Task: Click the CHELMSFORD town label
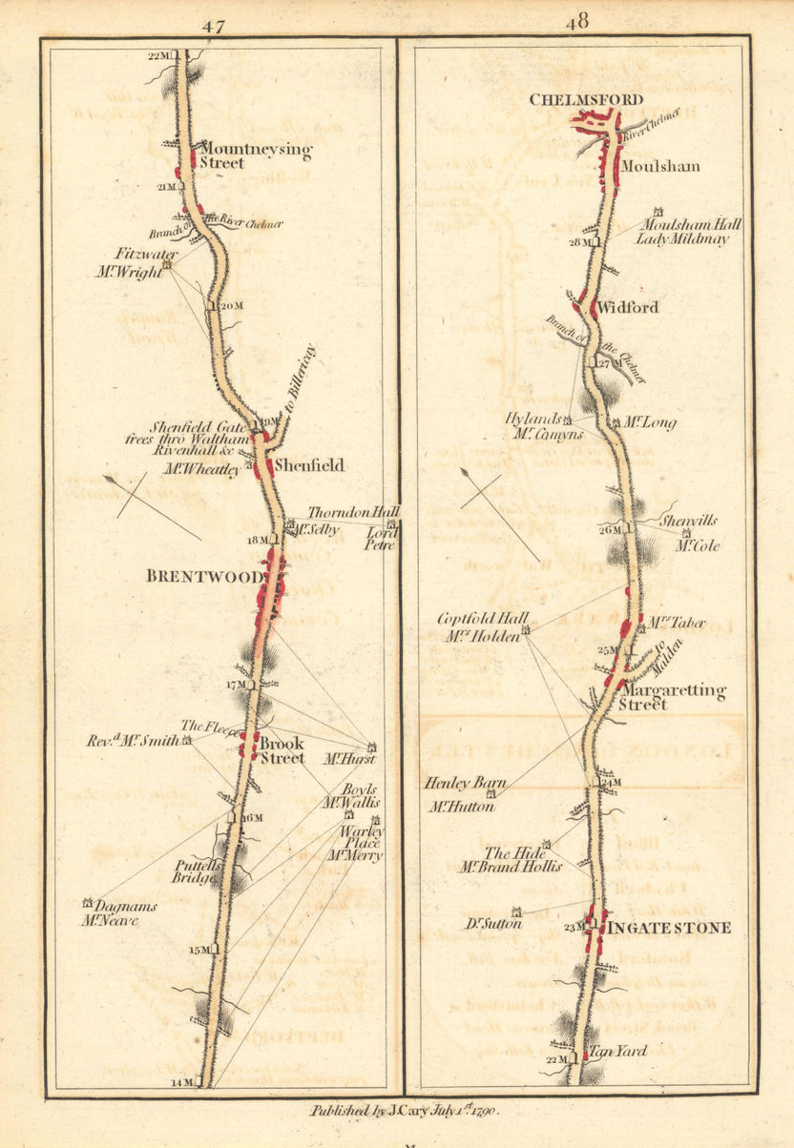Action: click(x=586, y=99)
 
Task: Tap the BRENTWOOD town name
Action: click(x=204, y=577)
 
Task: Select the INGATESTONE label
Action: click(x=670, y=928)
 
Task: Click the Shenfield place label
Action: click(x=310, y=465)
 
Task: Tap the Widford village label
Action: click(x=630, y=308)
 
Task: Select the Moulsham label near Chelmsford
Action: click(x=660, y=167)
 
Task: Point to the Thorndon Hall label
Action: click(x=352, y=513)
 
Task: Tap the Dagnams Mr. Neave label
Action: click(x=119, y=913)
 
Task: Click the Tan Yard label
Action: click(x=618, y=1051)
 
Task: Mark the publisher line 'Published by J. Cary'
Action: click(x=405, y=1111)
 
